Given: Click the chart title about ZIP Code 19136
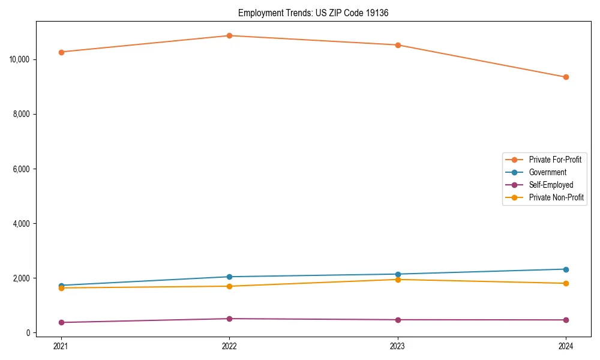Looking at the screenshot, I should (313, 13).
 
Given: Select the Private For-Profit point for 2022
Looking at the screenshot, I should (229, 35).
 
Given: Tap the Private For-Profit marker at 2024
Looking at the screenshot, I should (566, 77).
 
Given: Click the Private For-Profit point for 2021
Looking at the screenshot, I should (61, 52).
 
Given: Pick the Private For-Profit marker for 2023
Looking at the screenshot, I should (398, 45).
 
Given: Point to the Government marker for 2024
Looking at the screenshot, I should (566, 269).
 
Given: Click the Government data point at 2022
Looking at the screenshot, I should (229, 277).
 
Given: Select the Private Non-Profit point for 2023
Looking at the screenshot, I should (398, 280).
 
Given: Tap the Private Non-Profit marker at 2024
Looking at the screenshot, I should (566, 283).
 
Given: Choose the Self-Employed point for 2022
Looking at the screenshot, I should (229, 319).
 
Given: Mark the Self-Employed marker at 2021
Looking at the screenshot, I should (61, 322).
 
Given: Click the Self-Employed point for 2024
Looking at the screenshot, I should (566, 320).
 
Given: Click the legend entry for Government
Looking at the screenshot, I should (547, 172).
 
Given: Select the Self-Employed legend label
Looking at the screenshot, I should (551, 185).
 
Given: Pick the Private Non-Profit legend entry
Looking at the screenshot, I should (556, 197).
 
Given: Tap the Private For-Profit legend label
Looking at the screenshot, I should (555, 160).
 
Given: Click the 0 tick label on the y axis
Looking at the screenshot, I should (29, 333).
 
